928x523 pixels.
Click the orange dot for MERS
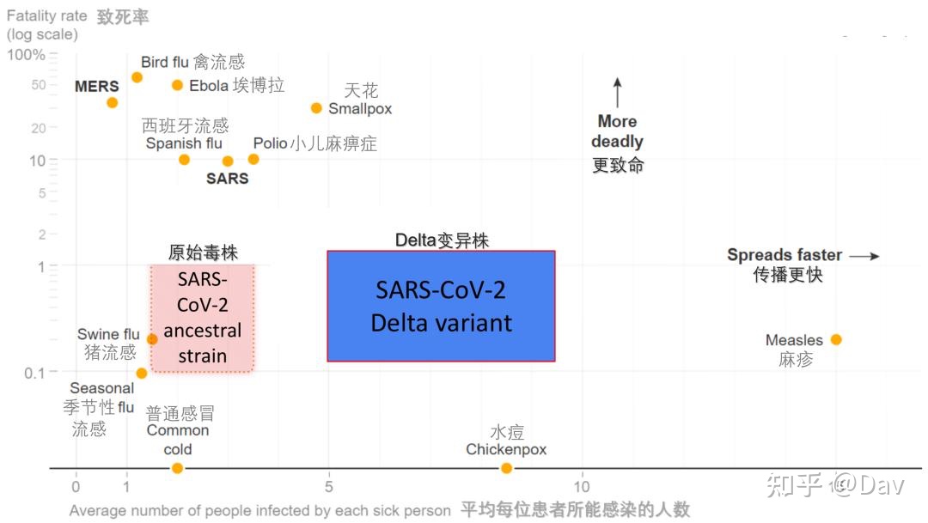(x=113, y=103)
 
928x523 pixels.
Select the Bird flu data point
(x=137, y=77)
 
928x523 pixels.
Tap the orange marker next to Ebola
(x=177, y=85)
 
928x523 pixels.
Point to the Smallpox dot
(x=316, y=108)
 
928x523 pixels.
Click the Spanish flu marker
(x=184, y=160)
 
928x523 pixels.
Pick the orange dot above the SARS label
(x=227, y=161)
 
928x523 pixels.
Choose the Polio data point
(x=253, y=159)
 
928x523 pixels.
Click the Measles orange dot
(x=836, y=339)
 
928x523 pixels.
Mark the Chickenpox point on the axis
(x=506, y=468)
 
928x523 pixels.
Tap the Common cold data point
(x=177, y=468)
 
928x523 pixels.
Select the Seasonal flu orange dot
(x=142, y=374)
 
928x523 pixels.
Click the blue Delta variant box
(x=441, y=306)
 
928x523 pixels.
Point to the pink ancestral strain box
(x=203, y=319)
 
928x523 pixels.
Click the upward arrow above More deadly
(x=617, y=92)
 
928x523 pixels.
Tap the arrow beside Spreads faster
(x=864, y=256)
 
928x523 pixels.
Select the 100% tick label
(x=26, y=55)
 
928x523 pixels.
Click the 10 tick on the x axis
(x=582, y=486)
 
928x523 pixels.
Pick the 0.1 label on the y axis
(x=34, y=374)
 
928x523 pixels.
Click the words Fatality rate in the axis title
(x=46, y=16)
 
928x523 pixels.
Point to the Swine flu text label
(x=108, y=334)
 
